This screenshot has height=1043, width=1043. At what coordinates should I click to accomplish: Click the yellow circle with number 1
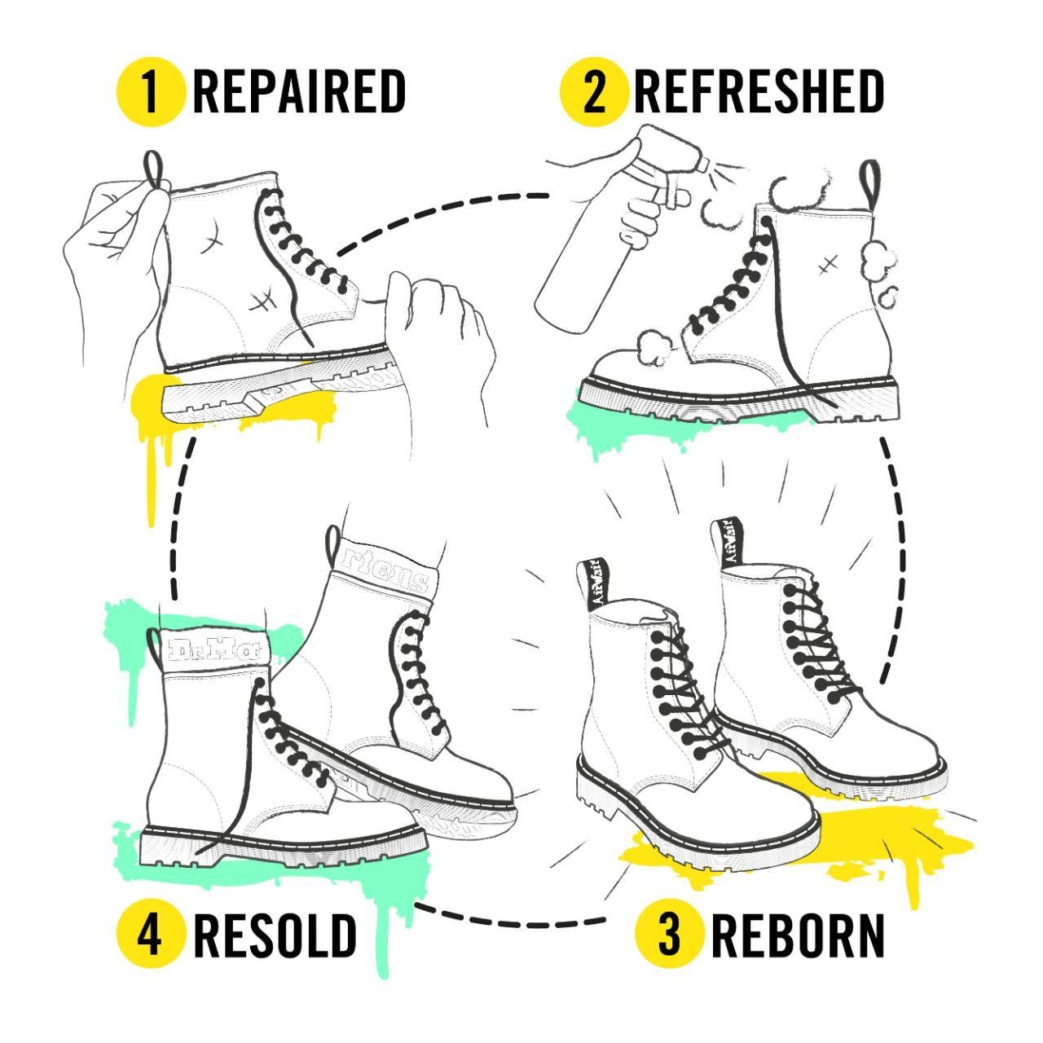[151, 92]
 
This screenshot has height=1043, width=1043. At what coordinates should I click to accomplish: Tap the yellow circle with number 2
[594, 92]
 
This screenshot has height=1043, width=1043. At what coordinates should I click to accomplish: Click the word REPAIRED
[299, 91]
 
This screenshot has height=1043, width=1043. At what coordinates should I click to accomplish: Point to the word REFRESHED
[759, 91]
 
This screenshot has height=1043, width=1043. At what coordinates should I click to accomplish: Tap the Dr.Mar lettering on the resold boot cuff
[215, 650]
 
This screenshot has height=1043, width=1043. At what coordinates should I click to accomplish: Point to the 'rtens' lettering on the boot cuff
[385, 574]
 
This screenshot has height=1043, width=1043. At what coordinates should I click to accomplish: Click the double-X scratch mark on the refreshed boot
[828, 265]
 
